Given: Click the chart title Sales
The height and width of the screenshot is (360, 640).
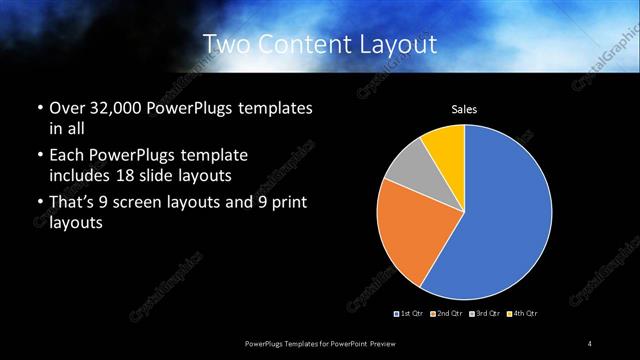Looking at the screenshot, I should pyautogui.click(x=464, y=109).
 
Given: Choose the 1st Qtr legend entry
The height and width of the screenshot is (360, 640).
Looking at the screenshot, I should pyautogui.click(x=408, y=314).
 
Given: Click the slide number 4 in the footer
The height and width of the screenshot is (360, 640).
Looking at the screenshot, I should pyautogui.click(x=590, y=344).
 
